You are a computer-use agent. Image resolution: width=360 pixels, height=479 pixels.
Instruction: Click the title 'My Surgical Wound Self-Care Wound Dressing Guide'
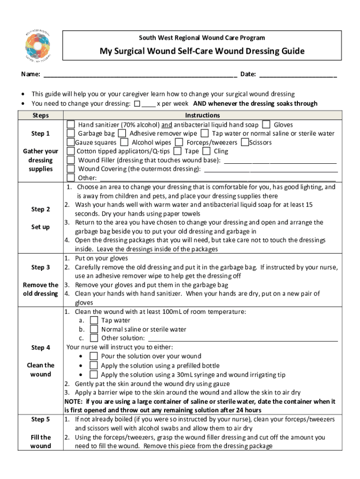click(202, 51)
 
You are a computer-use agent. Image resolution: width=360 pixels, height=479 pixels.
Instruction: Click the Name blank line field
click(140, 75)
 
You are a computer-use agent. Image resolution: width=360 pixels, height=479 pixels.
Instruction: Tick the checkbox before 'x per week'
click(137, 104)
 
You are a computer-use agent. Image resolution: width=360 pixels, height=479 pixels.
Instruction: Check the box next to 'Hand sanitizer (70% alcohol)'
click(71, 124)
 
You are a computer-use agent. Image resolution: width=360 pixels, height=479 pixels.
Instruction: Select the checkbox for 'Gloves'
click(266, 124)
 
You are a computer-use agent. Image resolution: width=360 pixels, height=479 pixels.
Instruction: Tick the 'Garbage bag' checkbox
click(71, 133)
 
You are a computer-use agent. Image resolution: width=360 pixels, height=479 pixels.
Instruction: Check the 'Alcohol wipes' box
click(124, 142)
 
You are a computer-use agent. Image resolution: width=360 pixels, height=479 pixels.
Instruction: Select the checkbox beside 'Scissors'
click(245, 142)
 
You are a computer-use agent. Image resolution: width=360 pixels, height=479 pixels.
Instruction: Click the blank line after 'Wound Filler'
click(281, 160)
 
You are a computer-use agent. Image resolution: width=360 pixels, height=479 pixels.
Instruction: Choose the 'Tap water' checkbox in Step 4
click(94, 320)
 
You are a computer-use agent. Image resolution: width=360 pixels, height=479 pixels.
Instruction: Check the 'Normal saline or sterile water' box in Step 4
click(94, 329)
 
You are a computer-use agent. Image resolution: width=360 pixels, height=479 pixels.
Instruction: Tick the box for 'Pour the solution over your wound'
click(94, 356)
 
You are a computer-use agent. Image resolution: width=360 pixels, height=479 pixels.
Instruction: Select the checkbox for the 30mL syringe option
click(94, 375)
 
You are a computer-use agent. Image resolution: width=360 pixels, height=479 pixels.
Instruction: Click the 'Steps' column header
click(40, 116)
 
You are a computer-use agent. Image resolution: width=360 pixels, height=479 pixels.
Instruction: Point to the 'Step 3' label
click(41, 268)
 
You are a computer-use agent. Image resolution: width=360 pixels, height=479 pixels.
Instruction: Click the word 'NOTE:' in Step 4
click(74, 401)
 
